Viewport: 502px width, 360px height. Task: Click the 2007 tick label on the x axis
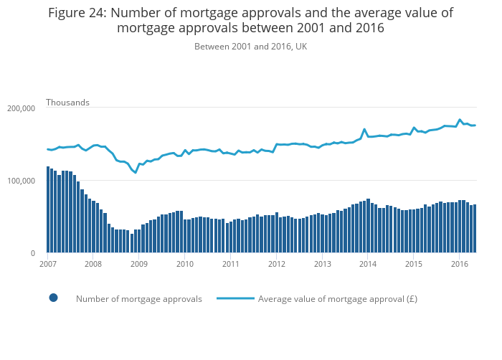[47, 264]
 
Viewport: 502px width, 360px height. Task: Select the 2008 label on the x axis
[93, 264]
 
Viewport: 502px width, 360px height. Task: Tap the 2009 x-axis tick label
[139, 264]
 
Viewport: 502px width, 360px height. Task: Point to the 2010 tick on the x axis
[185, 264]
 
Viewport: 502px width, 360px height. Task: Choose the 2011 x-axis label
[230, 264]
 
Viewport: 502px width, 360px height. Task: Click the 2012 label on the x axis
[276, 264]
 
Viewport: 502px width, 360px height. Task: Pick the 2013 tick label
[322, 264]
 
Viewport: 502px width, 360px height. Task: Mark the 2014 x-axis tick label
[368, 264]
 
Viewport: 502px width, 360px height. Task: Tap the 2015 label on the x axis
[413, 264]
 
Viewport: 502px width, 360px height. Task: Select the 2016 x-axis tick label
[459, 264]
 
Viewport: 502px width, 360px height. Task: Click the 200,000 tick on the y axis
[21, 108]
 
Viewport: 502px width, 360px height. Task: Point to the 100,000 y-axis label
[21, 181]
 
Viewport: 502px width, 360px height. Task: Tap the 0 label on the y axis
[32, 253]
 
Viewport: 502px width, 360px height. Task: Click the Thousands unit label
[67, 103]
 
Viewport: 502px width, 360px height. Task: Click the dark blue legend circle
[53, 298]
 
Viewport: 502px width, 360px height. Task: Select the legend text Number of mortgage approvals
[138, 299]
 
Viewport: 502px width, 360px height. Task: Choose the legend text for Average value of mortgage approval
[337, 299]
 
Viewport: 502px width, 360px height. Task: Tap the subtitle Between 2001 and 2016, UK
[250, 47]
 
